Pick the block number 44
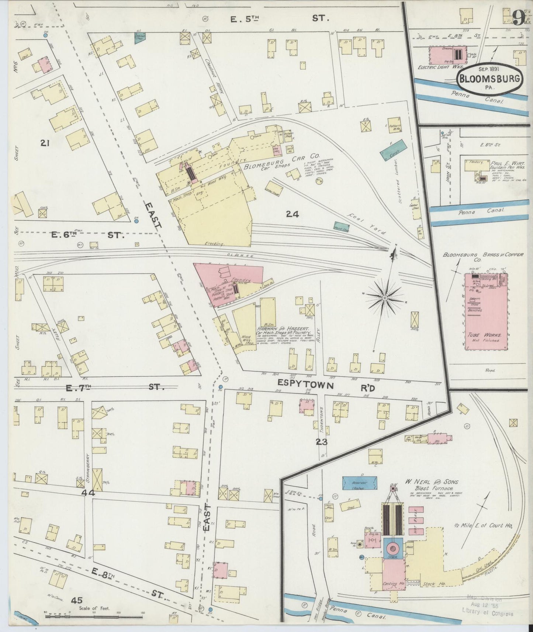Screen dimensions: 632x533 point(89,493)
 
